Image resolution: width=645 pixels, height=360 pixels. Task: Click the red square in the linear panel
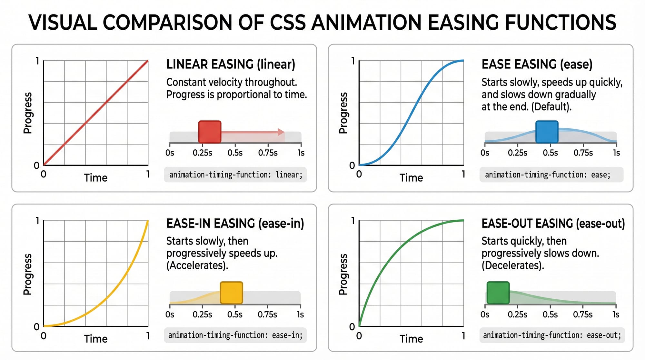click(210, 132)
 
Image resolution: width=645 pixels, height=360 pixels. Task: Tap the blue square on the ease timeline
click(547, 132)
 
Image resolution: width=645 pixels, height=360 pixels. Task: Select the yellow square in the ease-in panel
click(231, 293)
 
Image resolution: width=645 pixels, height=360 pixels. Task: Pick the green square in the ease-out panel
click(498, 293)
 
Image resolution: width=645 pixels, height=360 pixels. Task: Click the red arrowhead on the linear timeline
click(281, 132)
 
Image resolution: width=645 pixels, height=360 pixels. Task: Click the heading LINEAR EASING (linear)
click(231, 64)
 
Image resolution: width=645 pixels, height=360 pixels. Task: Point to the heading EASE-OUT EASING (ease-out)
click(553, 223)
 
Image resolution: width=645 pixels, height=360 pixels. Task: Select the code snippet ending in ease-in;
click(235, 335)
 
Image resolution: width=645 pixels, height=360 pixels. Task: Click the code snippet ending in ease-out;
click(552, 335)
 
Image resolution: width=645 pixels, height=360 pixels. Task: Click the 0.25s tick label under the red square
click(202, 153)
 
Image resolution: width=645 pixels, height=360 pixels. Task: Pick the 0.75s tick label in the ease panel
click(583, 153)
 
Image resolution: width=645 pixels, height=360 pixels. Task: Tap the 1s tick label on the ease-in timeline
click(300, 314)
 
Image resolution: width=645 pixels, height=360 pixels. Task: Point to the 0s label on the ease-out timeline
click(485, 314)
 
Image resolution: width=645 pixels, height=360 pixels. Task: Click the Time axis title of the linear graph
click(96, 178)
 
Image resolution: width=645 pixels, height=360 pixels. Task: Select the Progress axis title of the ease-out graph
click(343, 274)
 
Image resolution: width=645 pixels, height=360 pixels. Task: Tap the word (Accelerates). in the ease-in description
click(197, 265)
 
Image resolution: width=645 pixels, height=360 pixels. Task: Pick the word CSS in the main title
click(288, 23)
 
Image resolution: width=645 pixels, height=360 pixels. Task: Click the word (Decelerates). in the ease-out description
click(513, 265)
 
